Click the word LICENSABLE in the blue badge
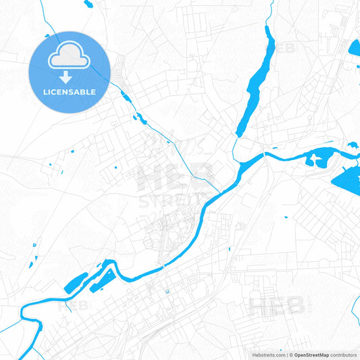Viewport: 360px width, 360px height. click(x=70, y=92)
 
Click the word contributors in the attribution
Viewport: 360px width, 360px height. click(x=344, y=355)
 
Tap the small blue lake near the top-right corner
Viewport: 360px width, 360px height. click(x=354, y=49)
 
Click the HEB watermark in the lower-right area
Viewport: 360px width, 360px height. click(x=277, y=306)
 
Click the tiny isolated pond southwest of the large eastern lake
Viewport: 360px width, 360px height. click(x=286, y=217)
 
